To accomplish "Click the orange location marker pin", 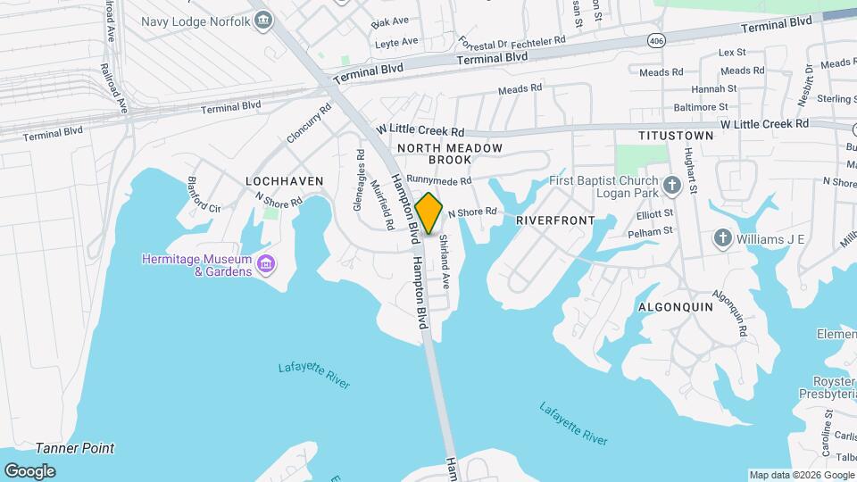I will [429, 213].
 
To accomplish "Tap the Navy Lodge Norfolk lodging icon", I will [262, 20].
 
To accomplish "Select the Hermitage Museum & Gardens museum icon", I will [265, 264].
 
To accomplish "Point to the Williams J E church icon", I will [722, 238].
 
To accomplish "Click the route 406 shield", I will [657, 41].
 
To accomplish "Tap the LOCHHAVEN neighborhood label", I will [284, 181].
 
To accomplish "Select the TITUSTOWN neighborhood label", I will [676, 136].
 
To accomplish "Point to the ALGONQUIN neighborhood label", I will [675, 306].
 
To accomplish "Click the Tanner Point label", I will [75, 448].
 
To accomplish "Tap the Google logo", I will [29, 471].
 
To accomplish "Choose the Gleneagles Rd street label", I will [359, 179].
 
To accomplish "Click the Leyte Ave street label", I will [396, 42].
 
